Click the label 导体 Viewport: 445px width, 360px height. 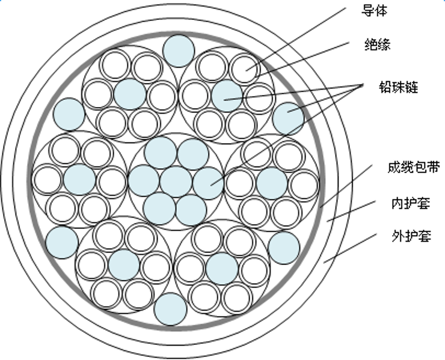coord(373,11)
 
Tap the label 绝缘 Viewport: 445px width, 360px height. coord(377,44)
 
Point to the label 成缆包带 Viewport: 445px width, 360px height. coord(413,168)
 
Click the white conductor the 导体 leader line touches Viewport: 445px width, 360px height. coord(244,69)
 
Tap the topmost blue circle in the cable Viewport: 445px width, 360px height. coord(179,50)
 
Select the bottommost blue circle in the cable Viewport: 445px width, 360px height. coord(171,309)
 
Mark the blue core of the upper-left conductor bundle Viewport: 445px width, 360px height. coord(130,94)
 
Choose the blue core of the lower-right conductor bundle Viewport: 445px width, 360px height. coord(222,268)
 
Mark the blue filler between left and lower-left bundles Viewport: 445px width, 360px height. coord(62,242)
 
